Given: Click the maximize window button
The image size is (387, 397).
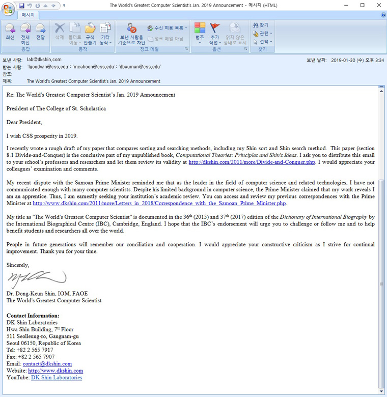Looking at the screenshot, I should point(362,5).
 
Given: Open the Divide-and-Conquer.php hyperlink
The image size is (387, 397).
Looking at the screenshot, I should point(252,162).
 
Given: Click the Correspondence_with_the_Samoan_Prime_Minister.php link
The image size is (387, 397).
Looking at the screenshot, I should point(159,204).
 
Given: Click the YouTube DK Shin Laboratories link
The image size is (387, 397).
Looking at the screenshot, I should point(57,378).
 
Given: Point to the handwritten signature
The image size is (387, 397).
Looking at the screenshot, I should point(37,278).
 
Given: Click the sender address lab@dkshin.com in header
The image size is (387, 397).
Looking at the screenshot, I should point(44,60).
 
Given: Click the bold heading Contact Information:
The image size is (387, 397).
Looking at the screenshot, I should point(33,316).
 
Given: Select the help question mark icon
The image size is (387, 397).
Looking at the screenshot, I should point(383,15).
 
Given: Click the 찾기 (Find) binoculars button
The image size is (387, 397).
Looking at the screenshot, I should point(261,25).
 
